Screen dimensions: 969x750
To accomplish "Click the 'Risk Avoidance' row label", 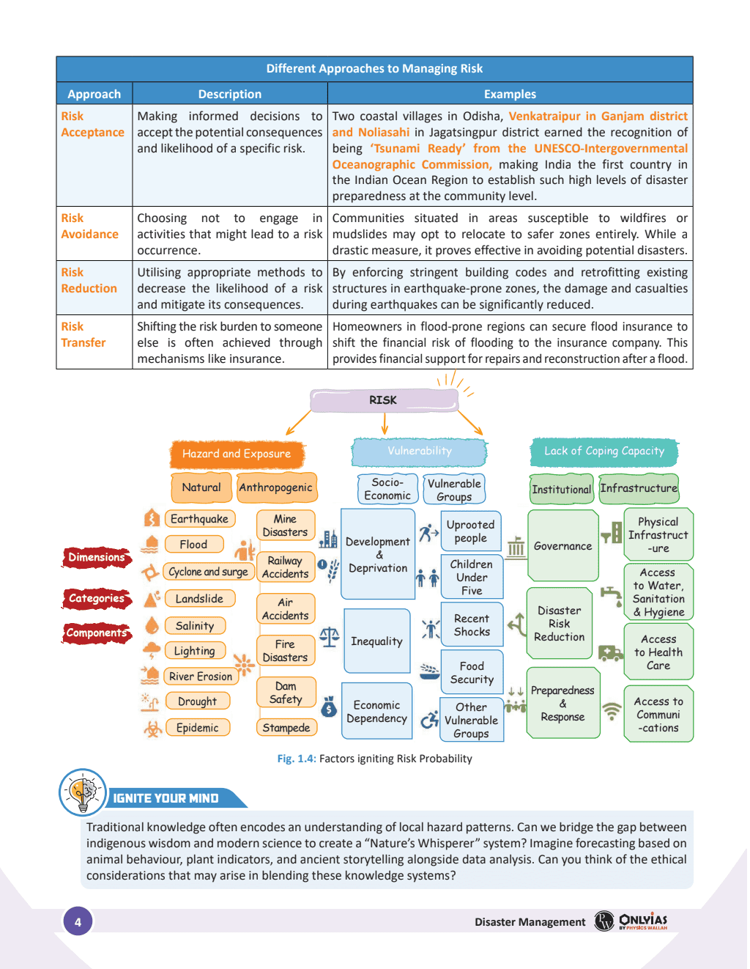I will pyautogui.click(x=89, y=226).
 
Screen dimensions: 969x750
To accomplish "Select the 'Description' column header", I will pyautogui.click(x=229, y=94).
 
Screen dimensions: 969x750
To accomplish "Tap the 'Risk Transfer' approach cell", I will pyautogui.click(x=83, y=335).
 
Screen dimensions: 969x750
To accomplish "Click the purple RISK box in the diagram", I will pyautogui.click(x=384, y=400).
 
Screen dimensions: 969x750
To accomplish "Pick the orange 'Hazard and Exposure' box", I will pyautogui.click(x=237, y=454).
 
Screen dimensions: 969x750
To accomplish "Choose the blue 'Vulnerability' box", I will pyautogui.click(x=419, y=452).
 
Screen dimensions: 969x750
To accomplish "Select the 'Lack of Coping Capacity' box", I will pyautogui.click(x=604, y=452).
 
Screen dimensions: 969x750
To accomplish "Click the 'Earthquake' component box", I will pyautogui.click(x=199, y=519).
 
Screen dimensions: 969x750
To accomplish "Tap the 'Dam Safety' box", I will pyautogui.click(x=286, y=693).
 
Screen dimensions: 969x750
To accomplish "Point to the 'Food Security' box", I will pyautogui.click(x=472, y=672).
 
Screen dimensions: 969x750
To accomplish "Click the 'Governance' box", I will pyautogui.click(x=562, y=546).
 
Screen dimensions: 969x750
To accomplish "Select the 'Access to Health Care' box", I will pyautogui.click(x=658, y=652).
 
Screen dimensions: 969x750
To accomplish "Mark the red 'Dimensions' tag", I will pyautogui.click(x=97, y=558).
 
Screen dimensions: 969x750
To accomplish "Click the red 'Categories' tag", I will pyautogui.click(x=97, y=599).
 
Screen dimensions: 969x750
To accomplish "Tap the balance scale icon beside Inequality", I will pyautogui.click(x=330, y=637).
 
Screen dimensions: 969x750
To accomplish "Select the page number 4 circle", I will pyautogui.click(x=78, y=921).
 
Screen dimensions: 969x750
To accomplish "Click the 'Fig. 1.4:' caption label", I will pyautogui.click(x=297, y=759).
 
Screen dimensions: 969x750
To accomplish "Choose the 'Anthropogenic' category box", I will pyautogui.click(x=275, y=487).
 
